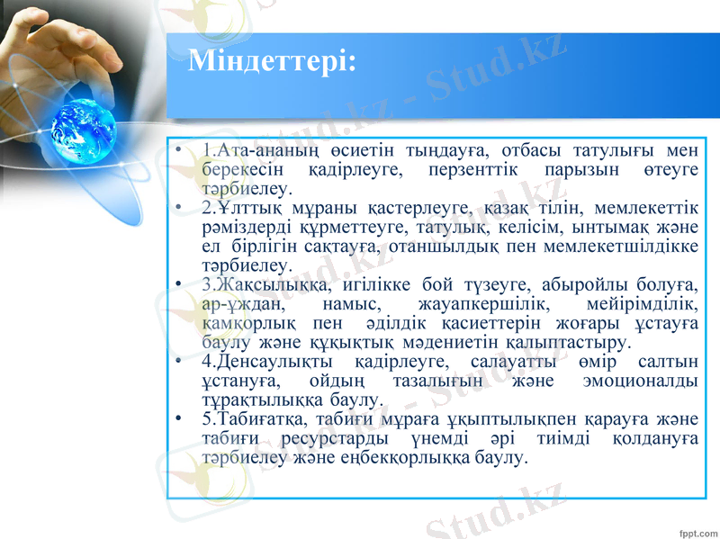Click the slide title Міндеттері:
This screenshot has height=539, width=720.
(x=272, y=61)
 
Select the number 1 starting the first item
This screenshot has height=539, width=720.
(x=207, y=149)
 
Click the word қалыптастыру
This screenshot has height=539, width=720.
(x=563, y=343)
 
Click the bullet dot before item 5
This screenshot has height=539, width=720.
(x=181, y=420)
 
